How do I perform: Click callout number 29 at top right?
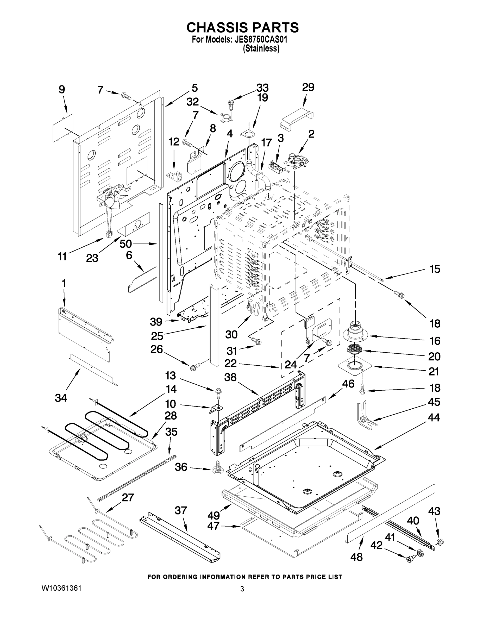308,87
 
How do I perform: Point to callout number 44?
434,417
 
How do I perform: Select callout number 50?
126,243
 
